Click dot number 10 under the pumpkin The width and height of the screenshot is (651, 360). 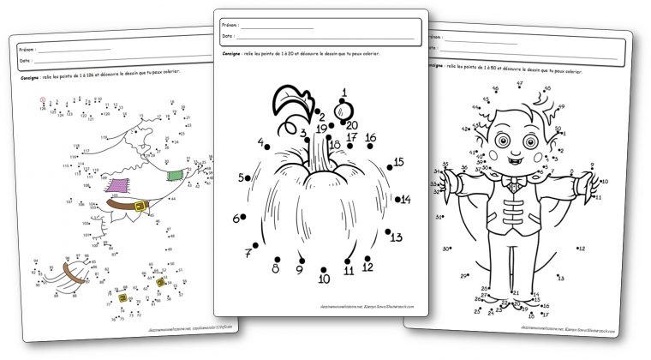coord(324,267)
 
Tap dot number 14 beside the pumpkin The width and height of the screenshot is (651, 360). coord(399,199)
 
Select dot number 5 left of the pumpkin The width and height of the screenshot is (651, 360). coord(251,178)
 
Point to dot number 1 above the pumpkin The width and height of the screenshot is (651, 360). coord(344,103)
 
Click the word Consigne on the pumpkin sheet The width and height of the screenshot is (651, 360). coord(230,54)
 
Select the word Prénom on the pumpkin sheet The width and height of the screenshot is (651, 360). coord(230,25)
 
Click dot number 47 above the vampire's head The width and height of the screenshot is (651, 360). coord(520,88)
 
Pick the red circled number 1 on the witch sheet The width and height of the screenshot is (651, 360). coord(43,99)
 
